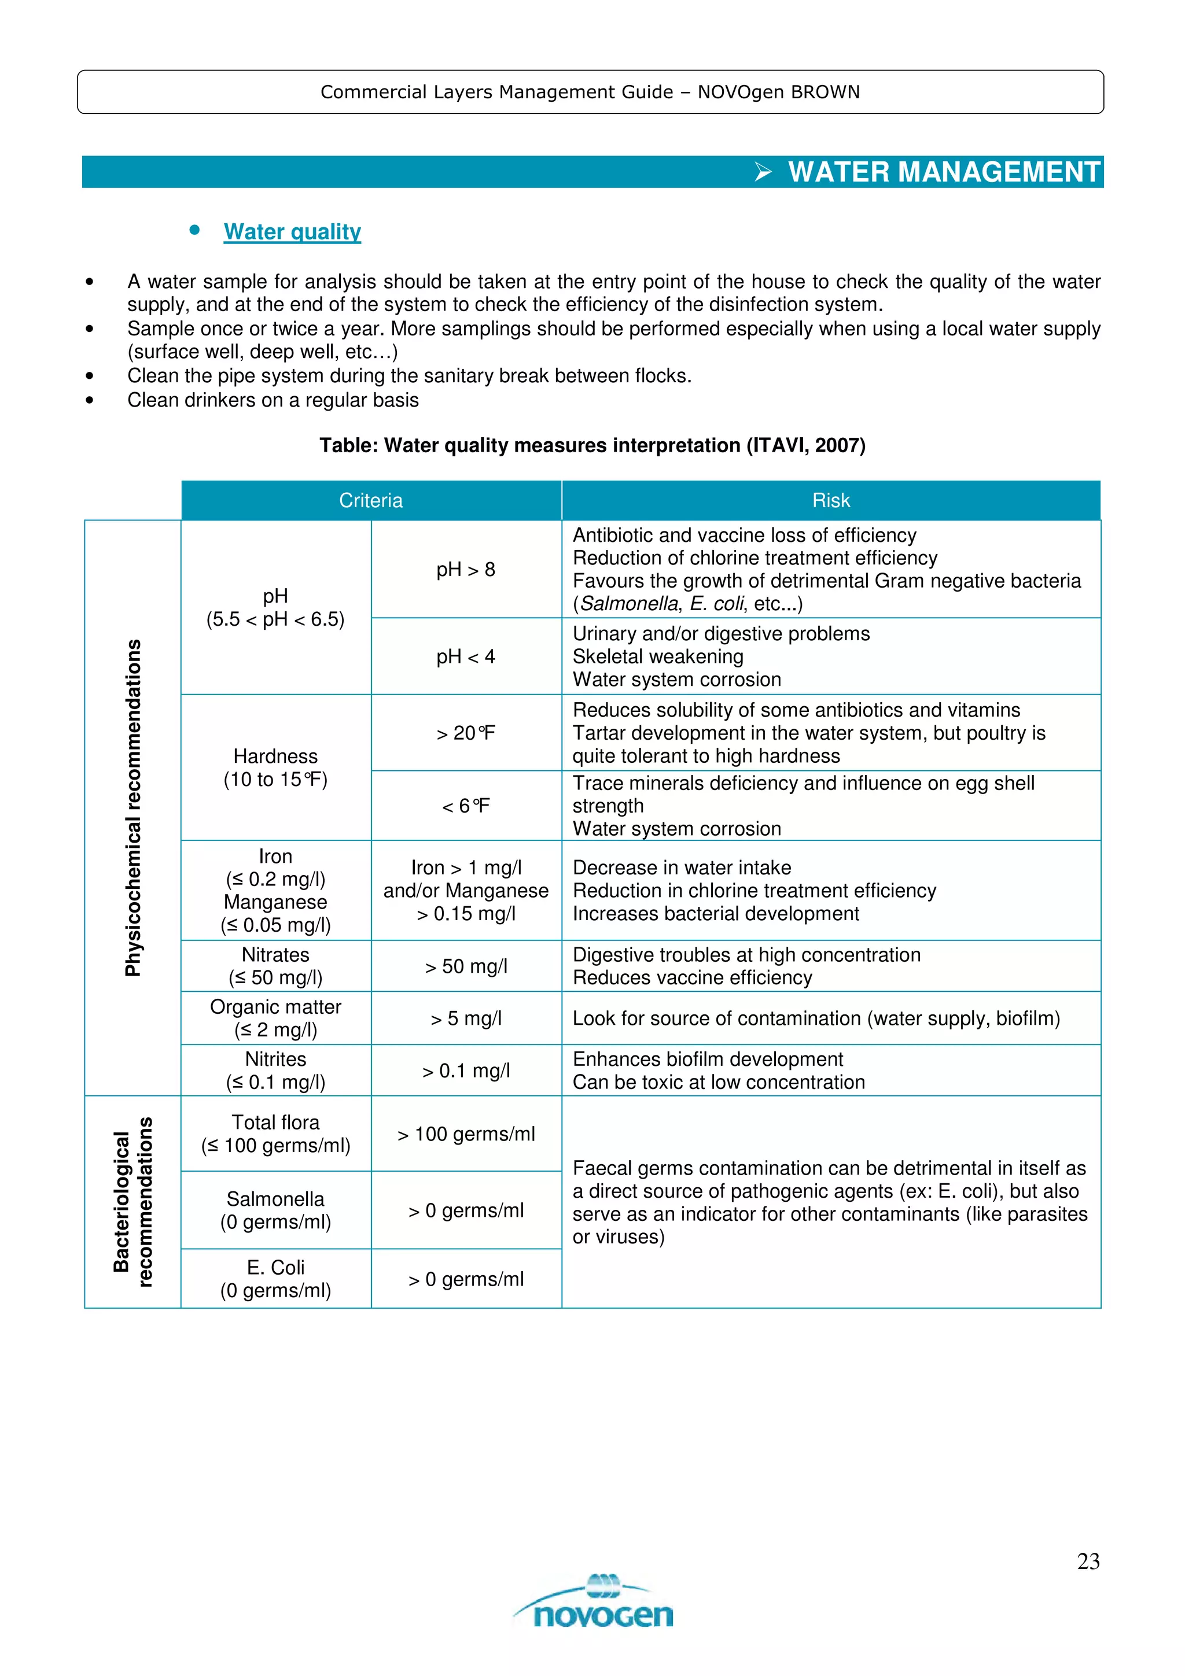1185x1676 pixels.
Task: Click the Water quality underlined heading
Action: (x=292, y=231)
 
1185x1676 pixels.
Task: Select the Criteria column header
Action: (x=371, y=501)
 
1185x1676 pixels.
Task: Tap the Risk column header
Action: (x=831, y=501)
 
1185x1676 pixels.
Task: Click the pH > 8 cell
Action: (x=466, y=570)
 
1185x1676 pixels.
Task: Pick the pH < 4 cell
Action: (x=466, y=657)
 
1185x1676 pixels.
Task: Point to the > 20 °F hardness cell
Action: (x=466, y=733)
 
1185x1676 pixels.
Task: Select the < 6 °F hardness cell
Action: (x=466, y=806)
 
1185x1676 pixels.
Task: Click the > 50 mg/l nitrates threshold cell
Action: (x=466, y=966)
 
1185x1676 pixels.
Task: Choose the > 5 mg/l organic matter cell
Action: (x=466, y=1018)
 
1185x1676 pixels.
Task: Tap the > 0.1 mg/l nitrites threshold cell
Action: (x=466, y=1071)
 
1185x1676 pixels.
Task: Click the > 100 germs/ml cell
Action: (x=466, y=1134)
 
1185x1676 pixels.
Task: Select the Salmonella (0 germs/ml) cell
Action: (x=275, y=1210)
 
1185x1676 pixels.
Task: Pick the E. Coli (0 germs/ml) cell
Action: (x=275, y=1279)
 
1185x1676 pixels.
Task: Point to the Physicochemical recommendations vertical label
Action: (x=133, y=807)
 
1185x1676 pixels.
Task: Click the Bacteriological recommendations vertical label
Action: (x=133, y=1202)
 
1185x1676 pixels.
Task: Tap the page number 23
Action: (x=1088, y=1561)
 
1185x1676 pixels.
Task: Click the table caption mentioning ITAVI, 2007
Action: (x=592, y=445)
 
